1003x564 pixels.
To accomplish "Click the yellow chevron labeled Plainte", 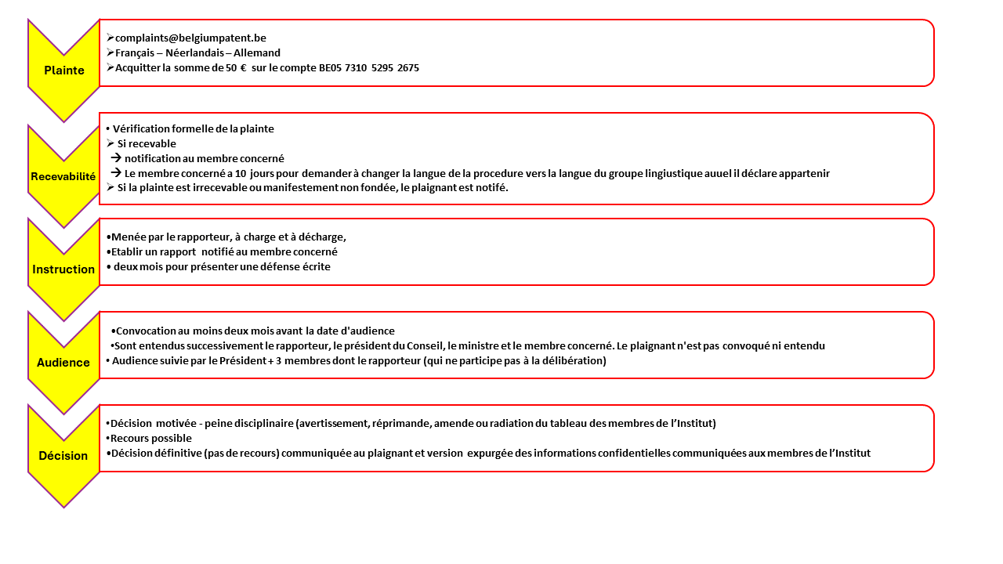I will (64, 70).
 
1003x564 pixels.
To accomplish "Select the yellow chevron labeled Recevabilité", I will (63, 176).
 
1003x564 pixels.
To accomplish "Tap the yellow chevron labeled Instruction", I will (63, 269).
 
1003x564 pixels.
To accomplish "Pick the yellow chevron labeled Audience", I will (63, 362).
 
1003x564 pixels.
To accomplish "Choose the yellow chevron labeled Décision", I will (63, 455).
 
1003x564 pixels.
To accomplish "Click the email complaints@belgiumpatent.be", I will (190, 38).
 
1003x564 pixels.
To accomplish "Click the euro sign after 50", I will (243, 68).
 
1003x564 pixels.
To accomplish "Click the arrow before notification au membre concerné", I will (115, 158).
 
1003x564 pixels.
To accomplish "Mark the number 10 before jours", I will (240, 173).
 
